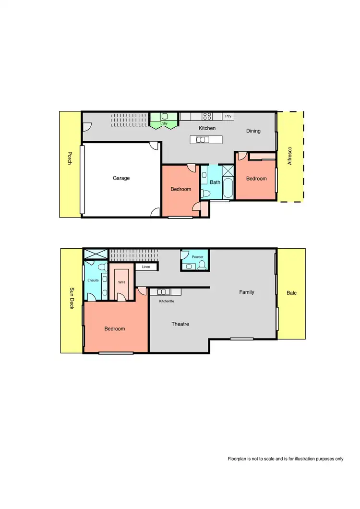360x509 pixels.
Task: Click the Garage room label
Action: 121,178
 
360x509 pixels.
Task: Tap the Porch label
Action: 70,159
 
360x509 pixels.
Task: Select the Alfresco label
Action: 289,156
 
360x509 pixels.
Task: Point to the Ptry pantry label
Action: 228,116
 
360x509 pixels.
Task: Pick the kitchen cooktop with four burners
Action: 207,116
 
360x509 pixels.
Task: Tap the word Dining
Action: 253,131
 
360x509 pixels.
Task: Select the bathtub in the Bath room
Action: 227,188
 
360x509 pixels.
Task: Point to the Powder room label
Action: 197,257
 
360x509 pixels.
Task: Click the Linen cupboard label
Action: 146,267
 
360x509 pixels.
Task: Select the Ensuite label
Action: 93,280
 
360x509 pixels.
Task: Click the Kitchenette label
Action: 167,302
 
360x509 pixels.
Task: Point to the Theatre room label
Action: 180,324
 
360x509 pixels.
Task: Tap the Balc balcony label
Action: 291,292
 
